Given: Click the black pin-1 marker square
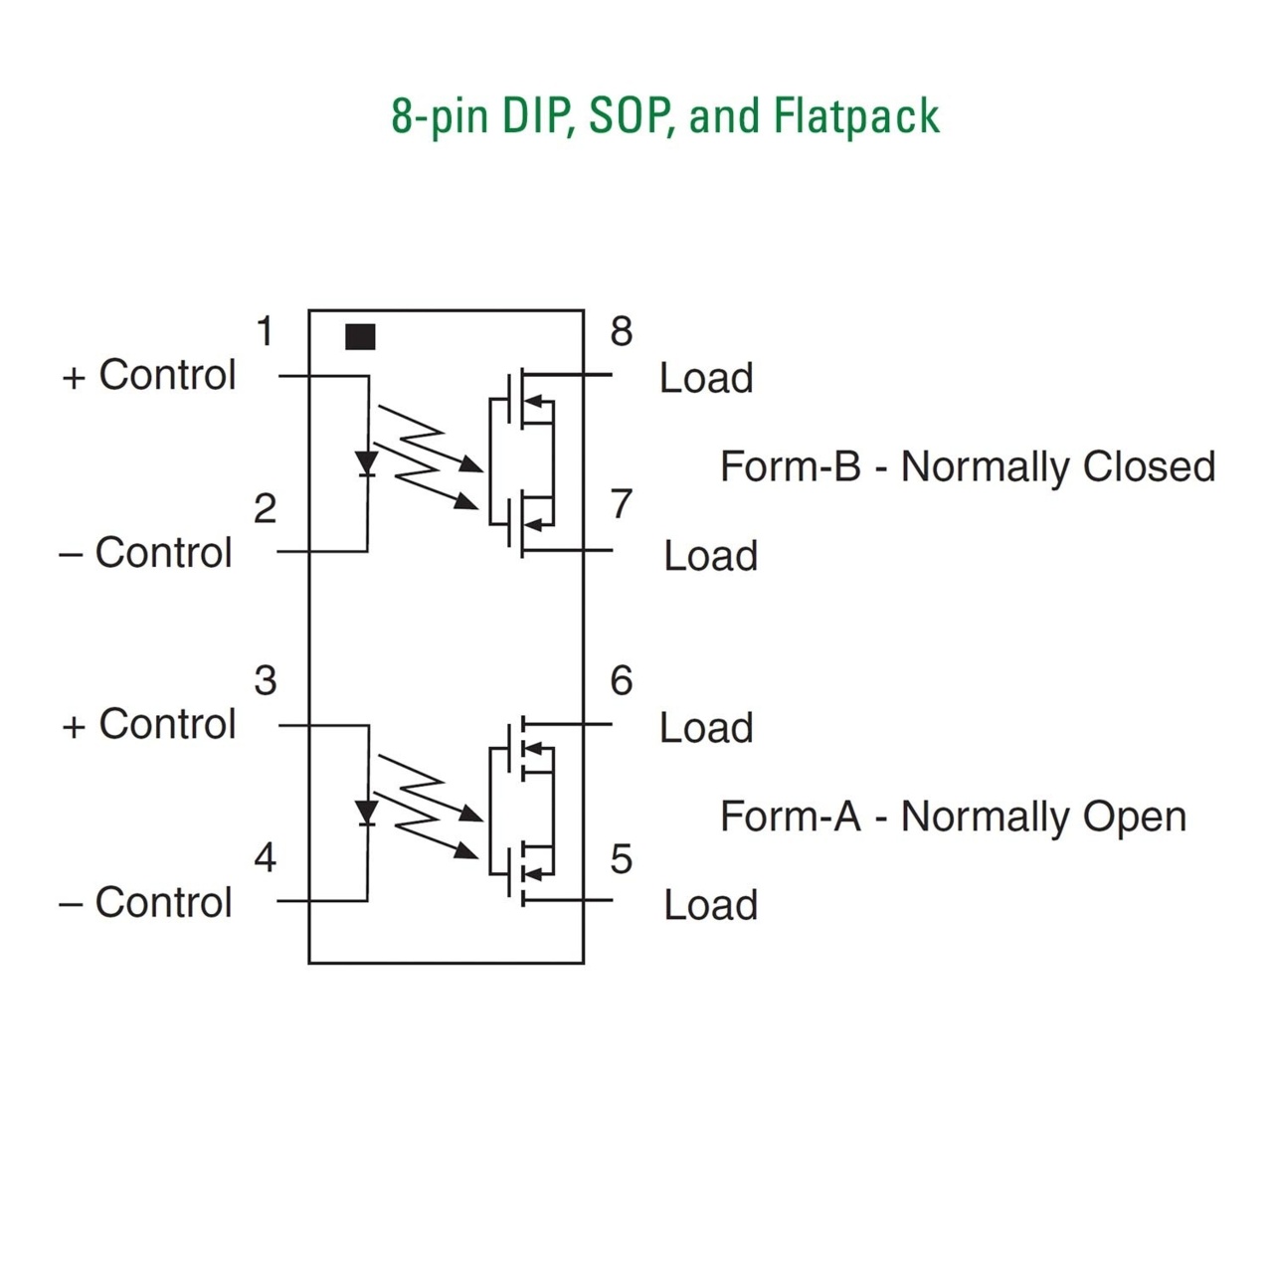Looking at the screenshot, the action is pos(360,336).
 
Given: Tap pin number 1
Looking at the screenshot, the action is pos(265,331).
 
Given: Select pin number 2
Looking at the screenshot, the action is pos(265,508).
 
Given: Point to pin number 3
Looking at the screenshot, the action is pos(265,680).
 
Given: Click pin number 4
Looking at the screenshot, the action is pos(265,857).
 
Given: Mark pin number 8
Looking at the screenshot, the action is pos(621,331).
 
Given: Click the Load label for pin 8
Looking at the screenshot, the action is pos(706,378).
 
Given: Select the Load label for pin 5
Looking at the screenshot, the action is pos(710,904).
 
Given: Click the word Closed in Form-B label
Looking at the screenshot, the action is pos(1149,466).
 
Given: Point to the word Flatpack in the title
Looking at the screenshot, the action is pos(856,117).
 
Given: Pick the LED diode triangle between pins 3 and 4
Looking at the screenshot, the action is pos(367,813).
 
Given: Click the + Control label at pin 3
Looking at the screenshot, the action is pos(148,724).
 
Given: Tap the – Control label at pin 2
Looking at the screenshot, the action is pos(145,552).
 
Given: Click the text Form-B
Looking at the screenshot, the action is pos(790,466).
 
